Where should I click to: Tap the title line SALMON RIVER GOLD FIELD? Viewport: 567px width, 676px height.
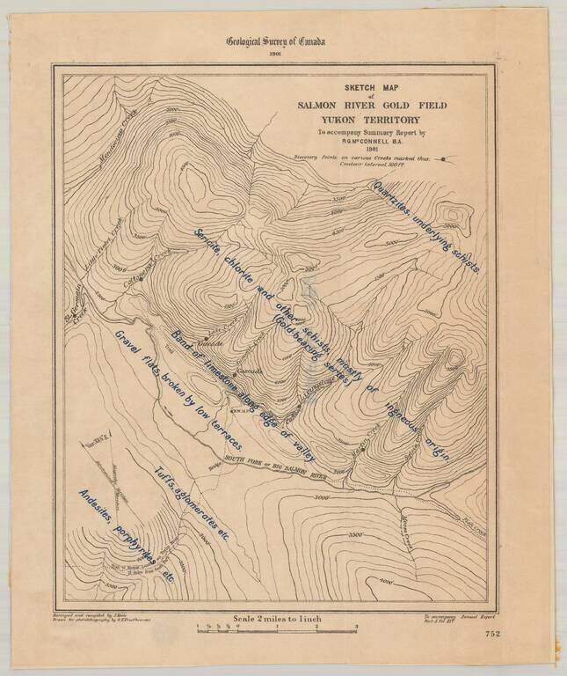click(x=371, y=105)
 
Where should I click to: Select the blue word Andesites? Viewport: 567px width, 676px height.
click(x=98, y=513)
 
